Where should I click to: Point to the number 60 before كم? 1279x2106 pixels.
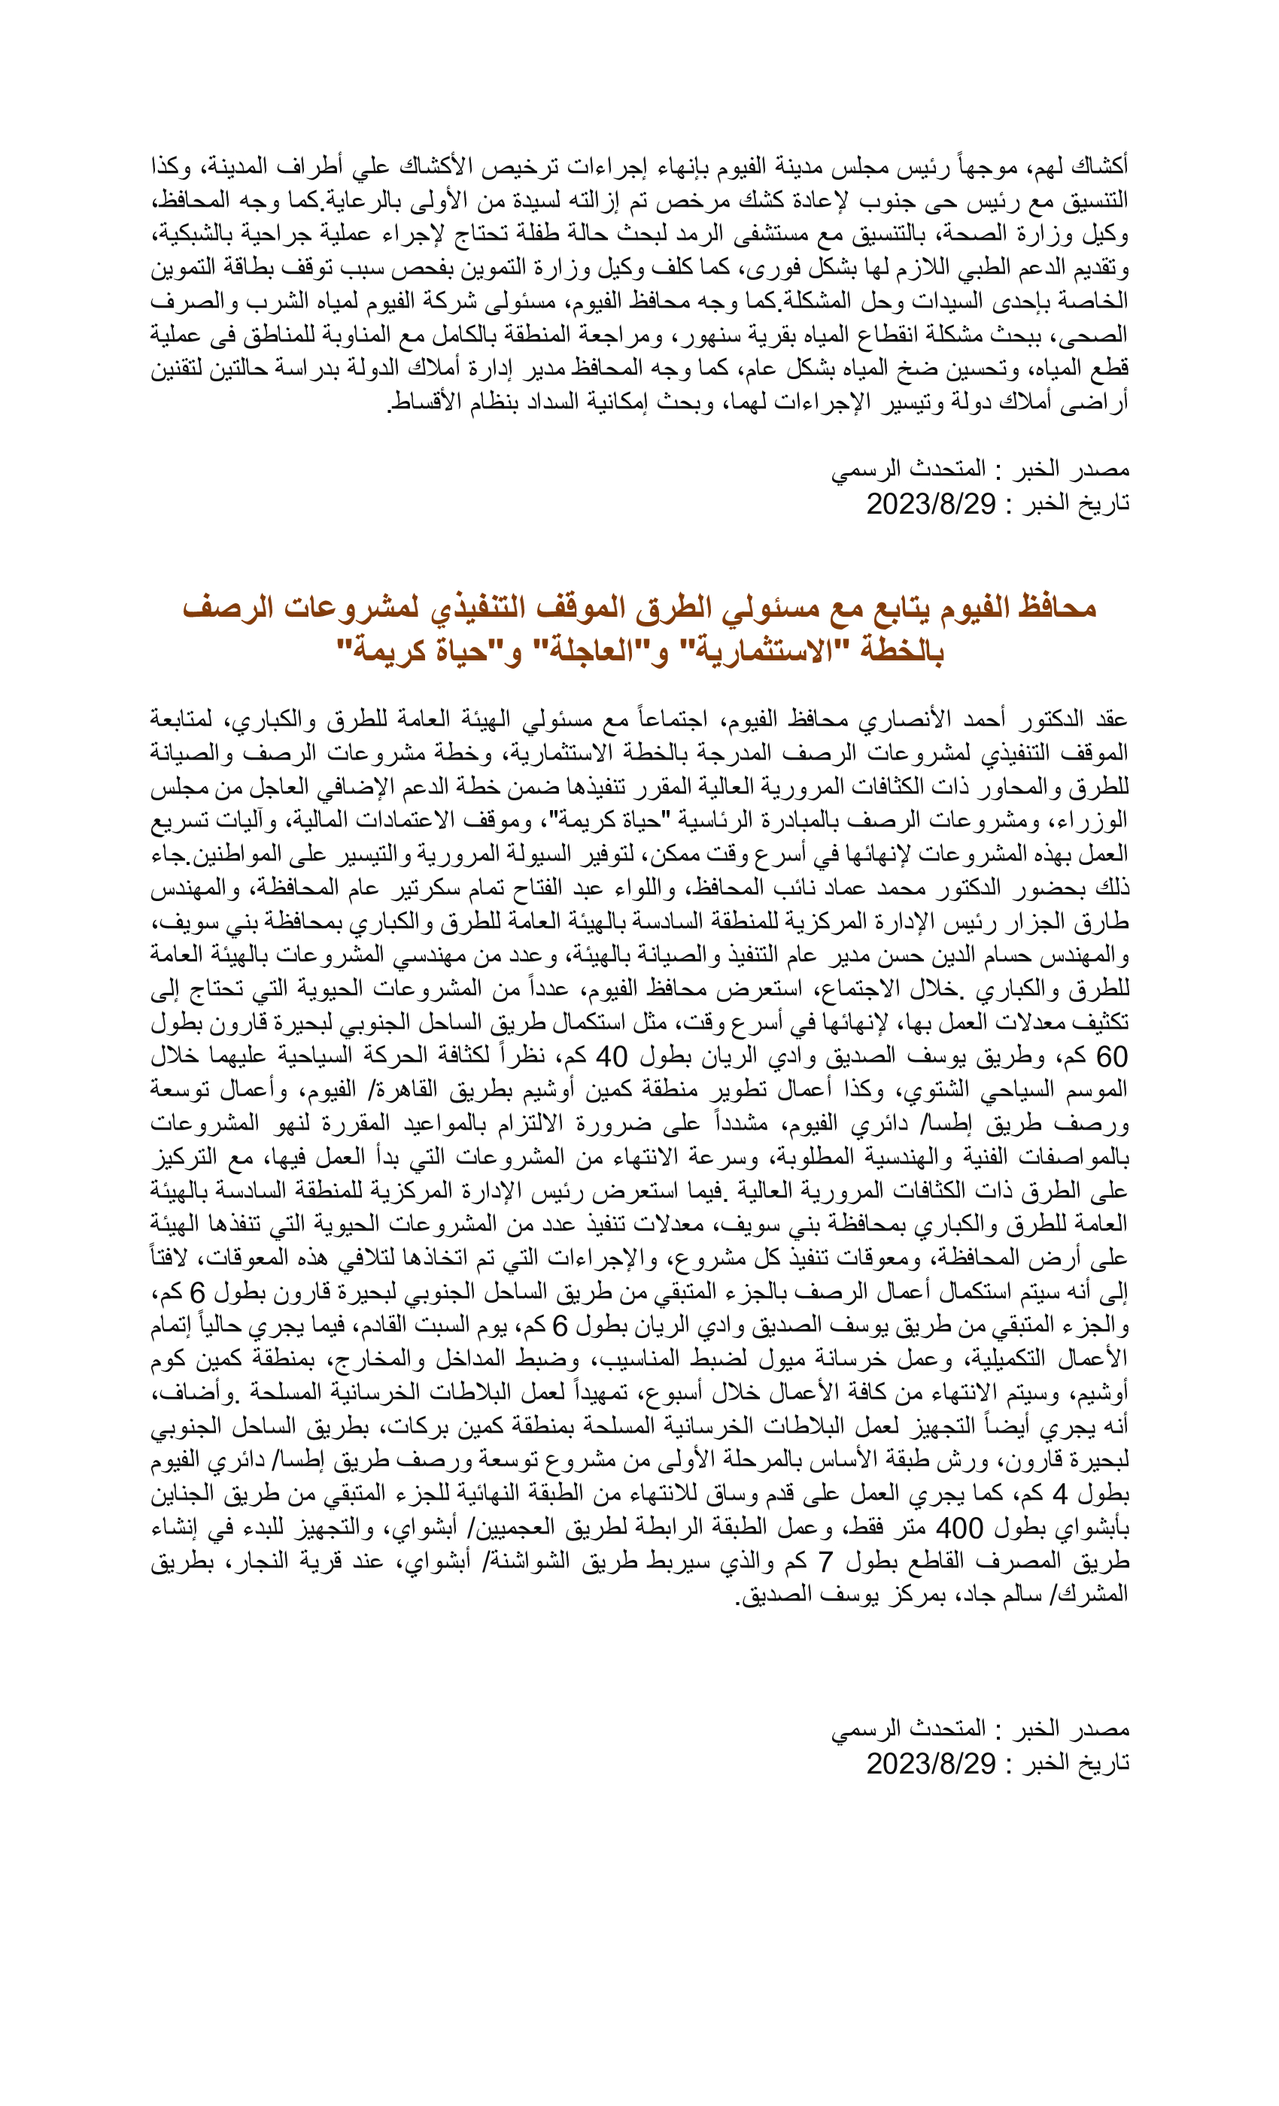pos(1110,1058)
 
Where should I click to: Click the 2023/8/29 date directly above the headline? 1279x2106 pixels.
pos(931,504)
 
